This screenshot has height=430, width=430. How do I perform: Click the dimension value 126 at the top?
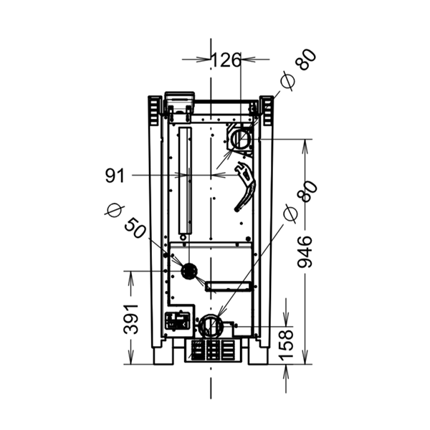point(226,60)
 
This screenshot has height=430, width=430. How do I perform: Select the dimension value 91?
point(115,176)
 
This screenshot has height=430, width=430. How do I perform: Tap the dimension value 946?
point(305,252)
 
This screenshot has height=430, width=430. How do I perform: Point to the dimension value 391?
point(130,319)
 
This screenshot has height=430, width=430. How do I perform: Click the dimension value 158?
point(285,345)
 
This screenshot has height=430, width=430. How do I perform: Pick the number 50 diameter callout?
point(135,228)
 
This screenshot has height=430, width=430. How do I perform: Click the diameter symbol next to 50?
point(115,211)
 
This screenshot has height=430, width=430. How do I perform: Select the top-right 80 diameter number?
point(306,59)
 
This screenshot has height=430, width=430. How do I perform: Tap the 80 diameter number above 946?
point(307,191)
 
